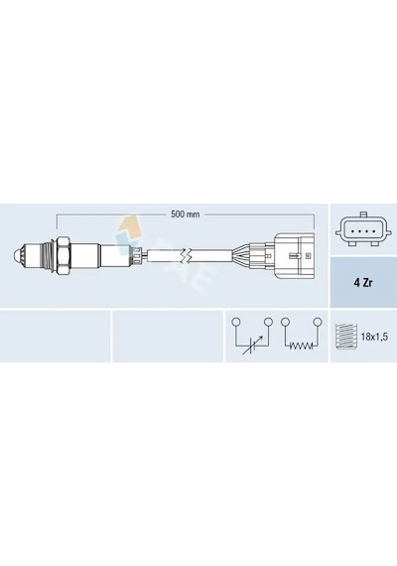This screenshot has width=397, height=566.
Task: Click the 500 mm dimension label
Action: (x=186, y=214)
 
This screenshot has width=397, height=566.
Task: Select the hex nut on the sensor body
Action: (x=63, y=256)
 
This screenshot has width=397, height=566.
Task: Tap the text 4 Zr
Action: (x=362, y=283)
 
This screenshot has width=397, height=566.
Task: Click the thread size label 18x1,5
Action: (x=374, y=338)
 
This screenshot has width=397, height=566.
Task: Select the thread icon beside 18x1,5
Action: (x=346, y=337)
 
